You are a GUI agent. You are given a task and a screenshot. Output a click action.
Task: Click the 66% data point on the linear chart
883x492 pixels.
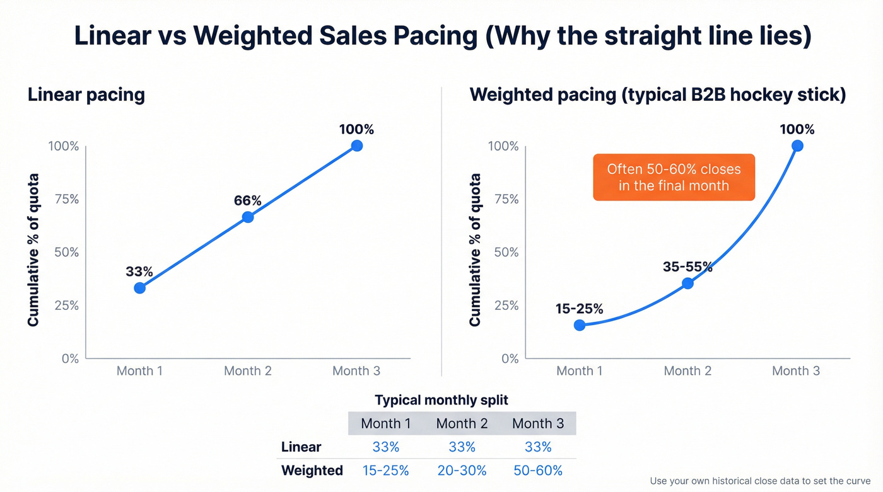coord(248,217)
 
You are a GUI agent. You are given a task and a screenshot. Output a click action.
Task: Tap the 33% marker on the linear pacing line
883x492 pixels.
coord(139,288)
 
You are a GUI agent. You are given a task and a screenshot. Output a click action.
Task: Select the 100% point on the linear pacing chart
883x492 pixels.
coord(356,146)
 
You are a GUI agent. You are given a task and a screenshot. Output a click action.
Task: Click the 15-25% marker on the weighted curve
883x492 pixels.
coord(580,325)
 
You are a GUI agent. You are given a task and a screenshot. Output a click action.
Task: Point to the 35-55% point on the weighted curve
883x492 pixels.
coord(687,283)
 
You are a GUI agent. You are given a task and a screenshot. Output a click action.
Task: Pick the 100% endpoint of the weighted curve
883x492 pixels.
coord(797,146)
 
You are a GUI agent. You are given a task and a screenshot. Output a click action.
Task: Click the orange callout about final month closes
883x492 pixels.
coord(674,178)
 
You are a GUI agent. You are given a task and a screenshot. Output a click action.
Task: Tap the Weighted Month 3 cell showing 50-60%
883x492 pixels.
coord(538,471)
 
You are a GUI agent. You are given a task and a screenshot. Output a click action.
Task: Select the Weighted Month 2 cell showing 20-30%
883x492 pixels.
coord(462,471)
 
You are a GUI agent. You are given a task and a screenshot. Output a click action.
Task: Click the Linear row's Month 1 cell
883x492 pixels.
coord(385,447)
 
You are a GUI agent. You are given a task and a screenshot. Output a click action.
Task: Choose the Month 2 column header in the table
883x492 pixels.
coord(462,423)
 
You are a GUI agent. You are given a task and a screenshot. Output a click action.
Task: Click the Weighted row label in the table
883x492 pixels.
coord(312,471)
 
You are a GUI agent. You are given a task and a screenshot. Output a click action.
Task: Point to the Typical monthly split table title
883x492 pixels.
coord(441,400)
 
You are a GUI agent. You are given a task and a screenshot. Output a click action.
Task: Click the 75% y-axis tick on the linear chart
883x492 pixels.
coord(64,199)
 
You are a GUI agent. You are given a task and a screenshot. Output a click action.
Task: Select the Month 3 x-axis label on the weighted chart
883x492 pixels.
coord(796,371)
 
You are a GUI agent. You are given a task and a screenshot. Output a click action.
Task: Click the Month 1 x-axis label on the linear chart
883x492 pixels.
coord(139,371)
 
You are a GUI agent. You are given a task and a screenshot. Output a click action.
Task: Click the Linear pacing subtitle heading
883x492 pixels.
coord(86,95)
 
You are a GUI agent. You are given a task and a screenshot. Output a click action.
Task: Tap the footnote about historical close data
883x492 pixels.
coord(760,481)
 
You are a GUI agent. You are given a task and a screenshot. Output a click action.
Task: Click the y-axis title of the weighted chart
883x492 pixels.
coord(475,250)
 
